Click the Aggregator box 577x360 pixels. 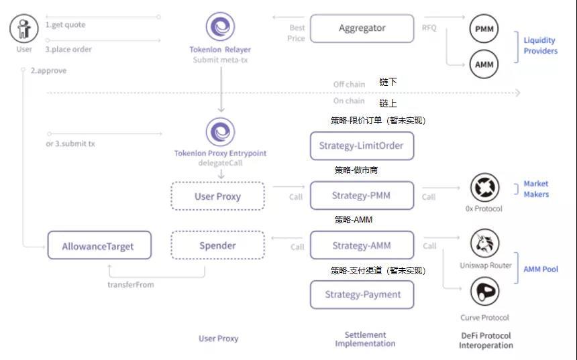coord(362,28)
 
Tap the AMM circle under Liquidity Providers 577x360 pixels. coord(483,64)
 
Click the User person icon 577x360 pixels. coord(24,29)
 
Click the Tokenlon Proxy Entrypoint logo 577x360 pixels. coord(220,132)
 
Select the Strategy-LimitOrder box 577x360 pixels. coord(362,146)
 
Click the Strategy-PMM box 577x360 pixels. coord(362,196)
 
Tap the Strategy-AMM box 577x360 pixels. coord(362,245)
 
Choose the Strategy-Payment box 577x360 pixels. coord(362,294)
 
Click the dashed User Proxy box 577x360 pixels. coord(217,196)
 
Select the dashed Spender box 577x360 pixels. coord(217,245)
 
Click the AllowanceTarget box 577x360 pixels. coord(99,246)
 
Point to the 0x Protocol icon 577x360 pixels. coord(484,188)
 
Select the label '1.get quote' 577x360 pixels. coord(65,25)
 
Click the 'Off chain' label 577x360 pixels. coord(349,84)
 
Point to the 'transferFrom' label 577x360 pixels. coord(130,284)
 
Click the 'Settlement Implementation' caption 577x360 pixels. coord(365,339)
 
